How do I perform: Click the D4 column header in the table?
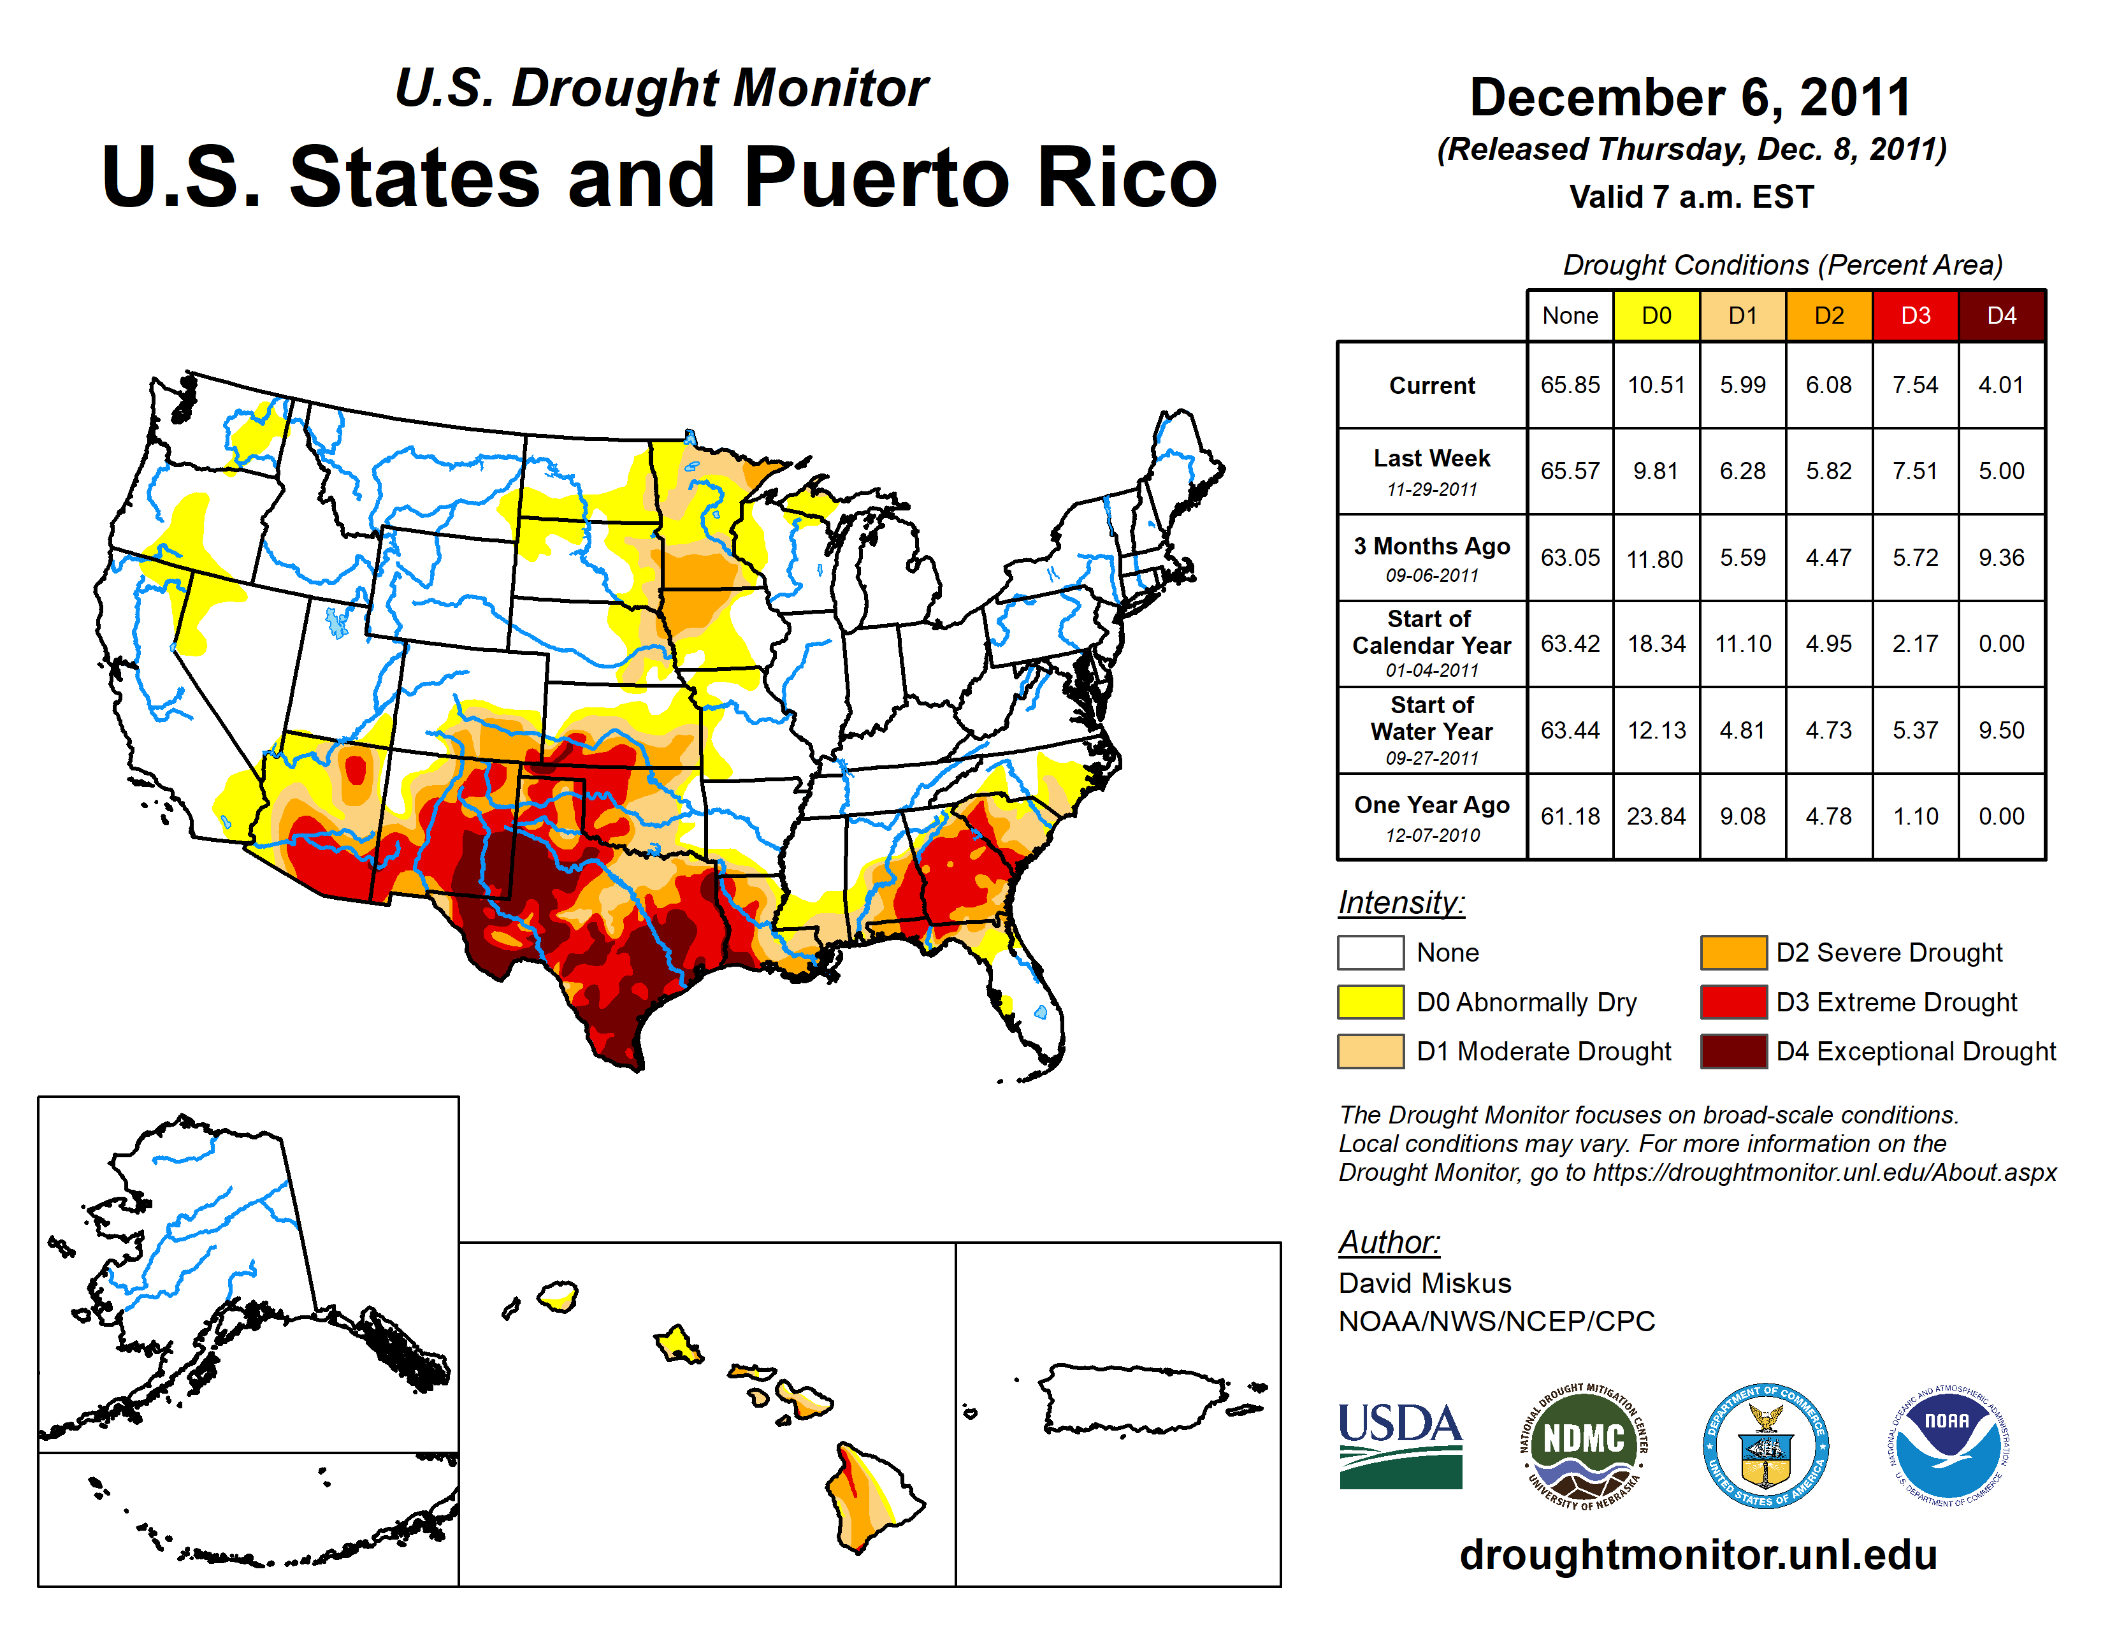pyautogui.click(x=2001, y=315)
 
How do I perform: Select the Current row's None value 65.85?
pyautogui.click(x=1570, y=385)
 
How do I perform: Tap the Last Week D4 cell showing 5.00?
pyautogui.click(x=2001, y=471)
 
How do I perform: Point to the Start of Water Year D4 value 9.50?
pyautogui.click(x=2001, y=731)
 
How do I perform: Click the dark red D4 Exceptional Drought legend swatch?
pyautogui.click(x=1733, y=1051)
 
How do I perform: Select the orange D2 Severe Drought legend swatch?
pyautogui.click(x=1733, y=952)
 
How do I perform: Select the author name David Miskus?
pyautogui.click(x=1424, y=1283)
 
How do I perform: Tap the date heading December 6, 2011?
pyautogui.click(x=1690, y=97)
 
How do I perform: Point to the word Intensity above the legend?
pyautogui.click(x=1401, y=903)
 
